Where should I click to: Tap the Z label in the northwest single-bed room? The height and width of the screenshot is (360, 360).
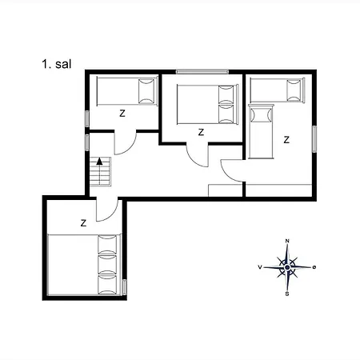[122, 114]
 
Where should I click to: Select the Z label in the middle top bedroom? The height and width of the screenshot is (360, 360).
[201, 132]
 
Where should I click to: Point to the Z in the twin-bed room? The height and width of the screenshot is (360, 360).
[286, 139]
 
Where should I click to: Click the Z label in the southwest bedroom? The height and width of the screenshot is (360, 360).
[83, 223]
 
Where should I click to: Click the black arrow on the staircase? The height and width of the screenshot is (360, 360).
[99, 162]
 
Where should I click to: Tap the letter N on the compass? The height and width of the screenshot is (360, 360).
[287, 241]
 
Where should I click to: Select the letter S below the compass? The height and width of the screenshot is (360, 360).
[287, 293]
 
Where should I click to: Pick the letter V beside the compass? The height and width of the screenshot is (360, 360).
[260, 266]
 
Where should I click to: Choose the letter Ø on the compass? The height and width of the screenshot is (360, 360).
[314, 266]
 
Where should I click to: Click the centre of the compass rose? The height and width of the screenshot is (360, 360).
[287, 266]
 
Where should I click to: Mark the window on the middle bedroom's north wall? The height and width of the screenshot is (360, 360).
[202, 72]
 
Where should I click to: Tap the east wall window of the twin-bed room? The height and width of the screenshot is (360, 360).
[315, 140]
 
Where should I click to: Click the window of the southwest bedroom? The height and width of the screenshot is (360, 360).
[125, 286]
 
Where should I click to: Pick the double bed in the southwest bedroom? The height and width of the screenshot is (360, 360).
[83, 265]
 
